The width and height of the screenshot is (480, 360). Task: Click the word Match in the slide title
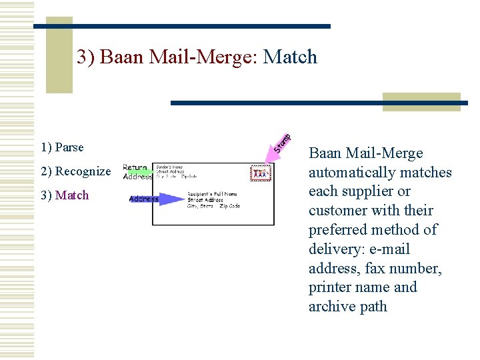click(x=291, y=57)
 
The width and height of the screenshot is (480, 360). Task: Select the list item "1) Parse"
click(x=62, y=147)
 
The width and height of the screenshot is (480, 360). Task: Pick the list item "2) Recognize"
click(x=76, y=171)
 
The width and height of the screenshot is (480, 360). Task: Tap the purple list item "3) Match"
click(x=65, y=195)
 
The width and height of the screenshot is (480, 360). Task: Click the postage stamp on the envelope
click(x=261, y=174)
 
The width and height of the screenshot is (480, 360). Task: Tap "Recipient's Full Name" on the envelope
click(x=211, y=194)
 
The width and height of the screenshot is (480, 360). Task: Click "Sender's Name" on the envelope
click(x=171, y=166)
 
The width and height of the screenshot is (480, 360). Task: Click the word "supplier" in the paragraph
click(x=370, y=191)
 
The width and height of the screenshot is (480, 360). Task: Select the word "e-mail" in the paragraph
click(x=390, y=249)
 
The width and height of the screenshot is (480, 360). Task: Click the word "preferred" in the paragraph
click(x=337, y=230)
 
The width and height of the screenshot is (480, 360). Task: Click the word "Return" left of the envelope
click(x=135, y=168)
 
